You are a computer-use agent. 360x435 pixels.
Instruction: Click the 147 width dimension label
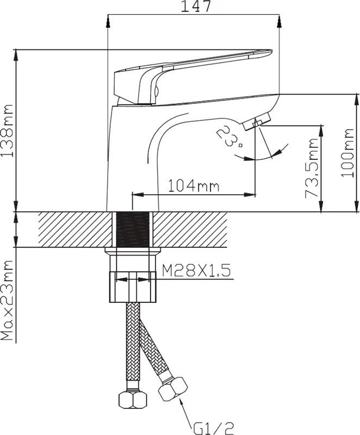tap(196, 7)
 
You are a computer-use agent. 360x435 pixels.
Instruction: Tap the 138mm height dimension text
tap(7, 130)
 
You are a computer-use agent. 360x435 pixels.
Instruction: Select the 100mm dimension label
tap(347, 153)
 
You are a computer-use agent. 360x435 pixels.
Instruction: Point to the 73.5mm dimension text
tap(312, 168)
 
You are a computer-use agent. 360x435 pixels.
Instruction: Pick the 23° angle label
tap(229, 136)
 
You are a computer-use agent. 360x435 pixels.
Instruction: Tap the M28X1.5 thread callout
tap(196, 270)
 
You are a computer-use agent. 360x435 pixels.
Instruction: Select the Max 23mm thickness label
tap(7, 301)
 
